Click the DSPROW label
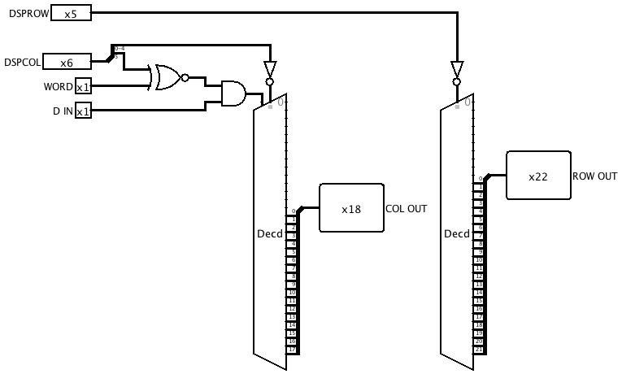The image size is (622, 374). tap(25, 14)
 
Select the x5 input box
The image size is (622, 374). tap(71, 14)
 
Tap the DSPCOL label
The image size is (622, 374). tap(21, 62)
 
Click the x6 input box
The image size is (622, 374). tap(67, 62)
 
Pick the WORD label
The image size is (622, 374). tap(58, 87)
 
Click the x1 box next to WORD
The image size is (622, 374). tap(83, 87)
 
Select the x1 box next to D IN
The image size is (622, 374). tap(83, 111)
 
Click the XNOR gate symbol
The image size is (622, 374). tap(165, 77)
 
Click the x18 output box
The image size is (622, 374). tap(350, 208)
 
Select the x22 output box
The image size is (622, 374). tap(537, 176)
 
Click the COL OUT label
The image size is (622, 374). tap(406, 209)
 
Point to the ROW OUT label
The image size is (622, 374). tap(594, 176)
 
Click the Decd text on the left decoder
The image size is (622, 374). tap(269, 234)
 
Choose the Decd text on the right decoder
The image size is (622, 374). tap(456, 234)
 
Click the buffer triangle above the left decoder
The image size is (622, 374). tap(270, 68)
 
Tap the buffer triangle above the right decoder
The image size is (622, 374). tap(457, 68)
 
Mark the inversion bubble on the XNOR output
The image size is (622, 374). tap(186, 78)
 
